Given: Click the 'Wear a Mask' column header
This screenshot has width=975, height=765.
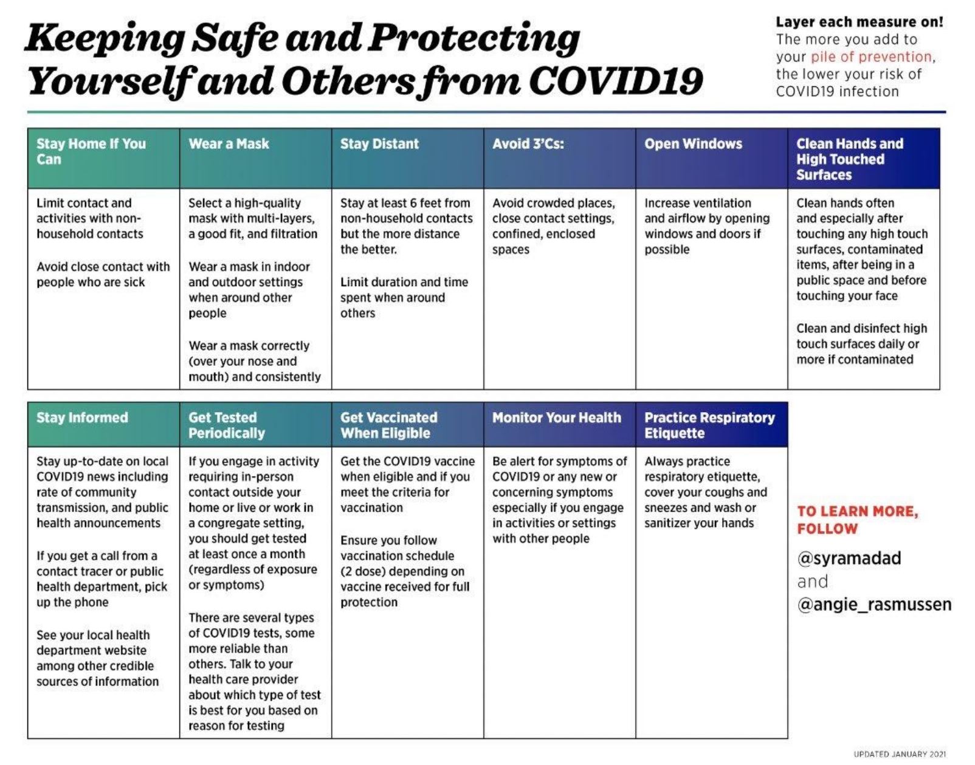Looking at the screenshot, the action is [229, 144].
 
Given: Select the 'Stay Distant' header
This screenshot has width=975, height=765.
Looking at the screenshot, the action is [379, 144].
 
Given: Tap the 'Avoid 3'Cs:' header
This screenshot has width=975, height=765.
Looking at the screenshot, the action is [528, 144].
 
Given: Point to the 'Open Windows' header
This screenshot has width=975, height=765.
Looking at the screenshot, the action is [693, 144].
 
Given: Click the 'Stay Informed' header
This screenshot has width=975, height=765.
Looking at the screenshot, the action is [82, 417].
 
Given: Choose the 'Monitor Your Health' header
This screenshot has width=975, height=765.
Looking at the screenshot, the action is [557, 417].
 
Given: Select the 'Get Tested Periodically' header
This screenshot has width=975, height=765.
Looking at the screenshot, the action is [227, 425].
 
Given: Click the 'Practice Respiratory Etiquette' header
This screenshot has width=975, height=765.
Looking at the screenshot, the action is [710, 425].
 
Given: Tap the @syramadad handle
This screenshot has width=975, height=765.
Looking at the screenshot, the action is [849, 558].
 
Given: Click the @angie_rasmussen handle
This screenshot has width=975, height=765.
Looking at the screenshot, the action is [874, 605].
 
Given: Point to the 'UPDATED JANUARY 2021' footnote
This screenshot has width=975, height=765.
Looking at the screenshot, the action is [900, 754].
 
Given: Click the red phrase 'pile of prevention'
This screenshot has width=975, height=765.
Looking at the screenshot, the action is [871, 57].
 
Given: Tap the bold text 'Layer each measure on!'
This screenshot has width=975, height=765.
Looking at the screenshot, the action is [860, 22].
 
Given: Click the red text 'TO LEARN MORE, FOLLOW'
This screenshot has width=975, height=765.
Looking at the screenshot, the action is [858, 520].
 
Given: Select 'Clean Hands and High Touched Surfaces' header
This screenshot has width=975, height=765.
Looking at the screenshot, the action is [850, 159].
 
